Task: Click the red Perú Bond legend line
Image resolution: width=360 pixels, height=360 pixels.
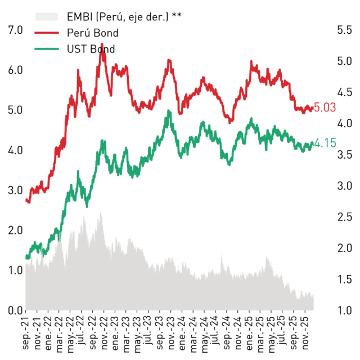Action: point(47,33)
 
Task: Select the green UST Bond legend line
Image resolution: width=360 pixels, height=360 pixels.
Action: point(47,49)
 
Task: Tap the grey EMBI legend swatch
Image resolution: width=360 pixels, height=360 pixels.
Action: point(47,17)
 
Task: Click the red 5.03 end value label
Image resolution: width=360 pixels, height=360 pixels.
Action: point(325,107)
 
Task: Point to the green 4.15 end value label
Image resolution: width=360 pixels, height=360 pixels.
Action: point(325,143)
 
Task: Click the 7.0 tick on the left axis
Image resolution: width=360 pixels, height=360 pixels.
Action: point(15,30)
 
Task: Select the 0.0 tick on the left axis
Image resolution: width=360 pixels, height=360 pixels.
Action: point(15,310)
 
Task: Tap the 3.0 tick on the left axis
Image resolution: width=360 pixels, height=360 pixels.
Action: point(15,190)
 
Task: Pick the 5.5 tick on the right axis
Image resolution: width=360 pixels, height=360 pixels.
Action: point(344,30)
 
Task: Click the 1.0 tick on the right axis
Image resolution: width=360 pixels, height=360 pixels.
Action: point(344,310)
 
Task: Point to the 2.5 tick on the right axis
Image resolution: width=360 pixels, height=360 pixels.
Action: point(344,217)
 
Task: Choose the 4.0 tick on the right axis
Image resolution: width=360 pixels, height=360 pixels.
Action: point(344,124)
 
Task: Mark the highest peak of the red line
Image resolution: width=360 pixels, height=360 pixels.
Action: point(102,44)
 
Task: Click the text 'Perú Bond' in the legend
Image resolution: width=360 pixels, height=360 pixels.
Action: point(92,33)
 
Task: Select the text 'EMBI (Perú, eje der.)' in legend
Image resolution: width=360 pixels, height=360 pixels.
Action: point(118,17)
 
